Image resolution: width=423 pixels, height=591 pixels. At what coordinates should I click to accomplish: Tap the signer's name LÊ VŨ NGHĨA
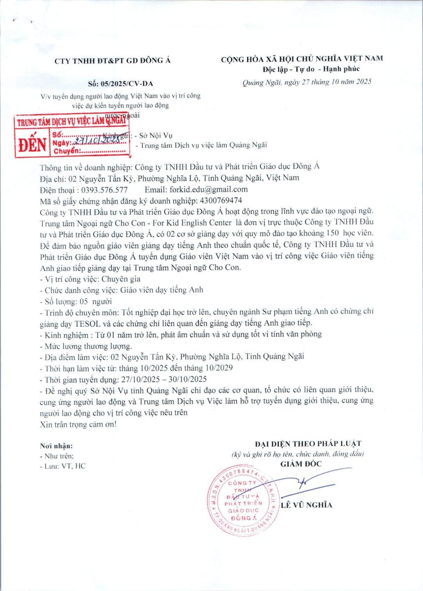(x=306, y=505)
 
